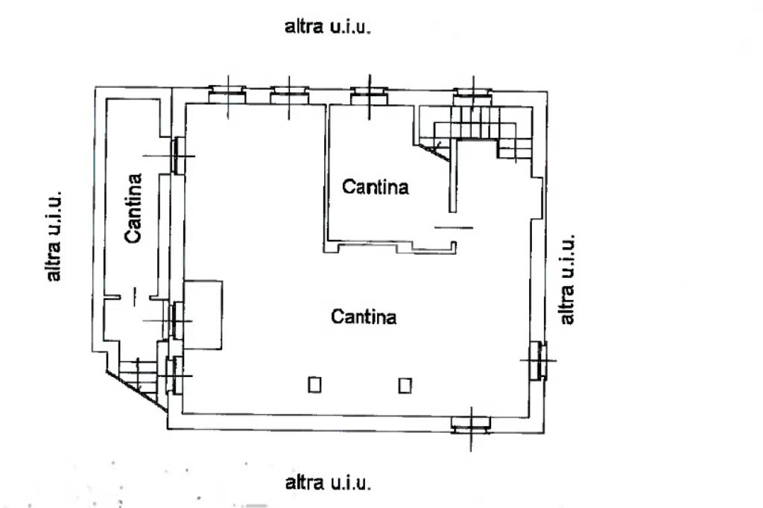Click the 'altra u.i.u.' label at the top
[x=327, y=28]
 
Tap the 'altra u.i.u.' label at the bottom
[x=328, y=483]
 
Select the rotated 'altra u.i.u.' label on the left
[x=54, y=235]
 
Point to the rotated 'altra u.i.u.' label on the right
[x=567, y=279]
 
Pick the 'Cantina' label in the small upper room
[x=376, y=187]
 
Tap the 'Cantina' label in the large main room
[x=364, y=317]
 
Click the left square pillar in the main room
[x=315, y=384]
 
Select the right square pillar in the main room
[x=405, y=384]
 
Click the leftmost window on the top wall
[x=227, y=94]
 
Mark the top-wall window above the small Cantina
[x=367, y=93]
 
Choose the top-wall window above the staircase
[x=472, y=93]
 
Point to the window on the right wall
[x=538, y=360]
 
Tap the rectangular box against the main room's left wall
[x=203, y=314]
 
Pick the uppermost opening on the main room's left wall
[x=177, y=155]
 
